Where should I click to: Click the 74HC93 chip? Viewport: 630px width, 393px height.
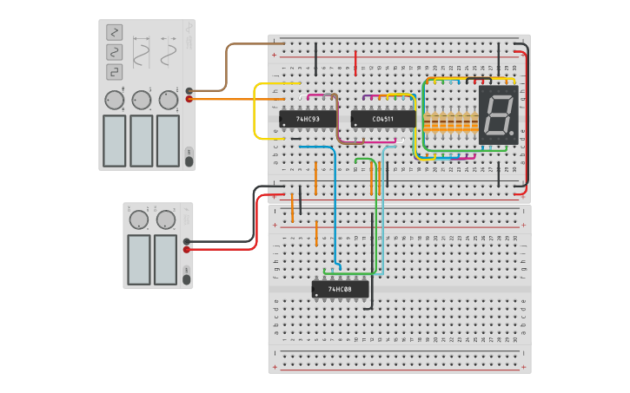pos(308,118)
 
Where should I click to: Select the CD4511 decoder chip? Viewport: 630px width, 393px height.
pos(382,119)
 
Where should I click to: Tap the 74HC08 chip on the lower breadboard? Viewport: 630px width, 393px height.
pos(340,289)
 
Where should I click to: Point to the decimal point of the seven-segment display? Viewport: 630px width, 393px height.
pos(512,133)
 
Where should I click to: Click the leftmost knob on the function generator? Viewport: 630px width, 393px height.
pos(115,101)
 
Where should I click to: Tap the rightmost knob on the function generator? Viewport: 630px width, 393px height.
pos(168,101)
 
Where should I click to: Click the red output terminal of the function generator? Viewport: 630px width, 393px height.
pos(189,99)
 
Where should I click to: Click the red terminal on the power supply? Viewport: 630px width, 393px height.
pos(188,250)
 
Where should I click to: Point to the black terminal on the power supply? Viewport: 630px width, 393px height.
pos(188,241)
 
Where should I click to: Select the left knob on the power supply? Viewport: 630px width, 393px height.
pos(138,220)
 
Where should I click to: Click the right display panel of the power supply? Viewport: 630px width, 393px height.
pos(165,259)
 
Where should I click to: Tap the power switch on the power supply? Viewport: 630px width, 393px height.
pos(185,275)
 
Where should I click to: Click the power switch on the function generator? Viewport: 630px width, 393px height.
pos(189,154)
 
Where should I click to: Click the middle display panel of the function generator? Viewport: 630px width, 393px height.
pos(141,140)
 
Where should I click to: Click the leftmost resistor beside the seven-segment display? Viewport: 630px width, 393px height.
pos(427,121)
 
